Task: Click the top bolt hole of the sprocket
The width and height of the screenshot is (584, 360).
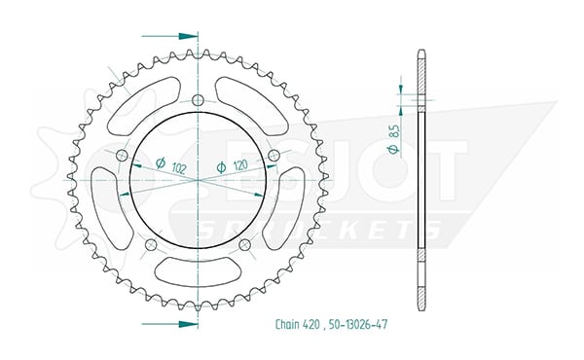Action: point(199,100)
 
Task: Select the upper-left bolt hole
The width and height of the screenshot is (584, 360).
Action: point(123,155)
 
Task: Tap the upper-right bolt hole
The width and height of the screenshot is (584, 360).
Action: point(274,155)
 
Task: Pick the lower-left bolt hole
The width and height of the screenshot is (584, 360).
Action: point(151,244)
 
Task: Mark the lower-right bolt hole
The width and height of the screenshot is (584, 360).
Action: point(244,244)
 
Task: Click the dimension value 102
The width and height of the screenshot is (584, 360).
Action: point(179,168)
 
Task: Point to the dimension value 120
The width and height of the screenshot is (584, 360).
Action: point(240,165)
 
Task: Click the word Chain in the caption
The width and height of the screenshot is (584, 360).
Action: point(287,324)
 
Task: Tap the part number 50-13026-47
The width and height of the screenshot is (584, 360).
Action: point(358,324)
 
